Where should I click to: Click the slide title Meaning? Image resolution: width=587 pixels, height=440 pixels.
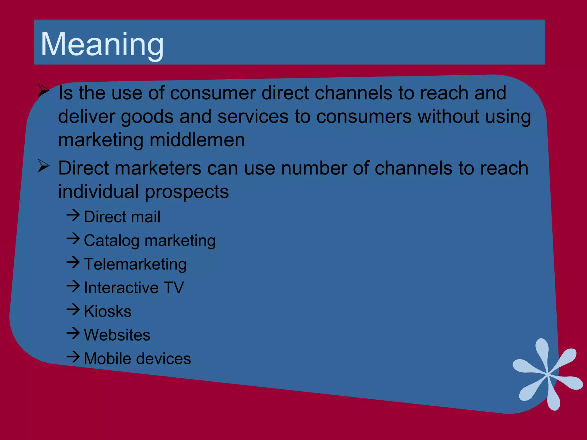[x=102, y=44]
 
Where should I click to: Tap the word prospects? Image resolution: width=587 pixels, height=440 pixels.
[x=187, y=192]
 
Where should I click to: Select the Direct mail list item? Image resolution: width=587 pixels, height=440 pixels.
[x=122, y=217]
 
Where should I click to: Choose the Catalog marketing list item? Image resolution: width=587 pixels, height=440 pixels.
[x=149, y=240]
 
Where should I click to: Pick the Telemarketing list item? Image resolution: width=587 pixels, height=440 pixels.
[x=135, y=264]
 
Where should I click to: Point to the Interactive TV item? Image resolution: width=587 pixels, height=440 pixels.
[x=134, y=288]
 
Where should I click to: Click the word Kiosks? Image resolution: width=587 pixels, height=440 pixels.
[x=107, y=311]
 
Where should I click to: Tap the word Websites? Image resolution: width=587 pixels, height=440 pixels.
[x=117, y=335]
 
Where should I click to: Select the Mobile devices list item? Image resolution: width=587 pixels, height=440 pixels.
[x=137, y=358]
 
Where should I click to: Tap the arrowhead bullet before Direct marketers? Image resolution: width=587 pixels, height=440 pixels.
[x=44, y=166]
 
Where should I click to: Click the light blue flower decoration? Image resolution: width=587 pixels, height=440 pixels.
[x=547, y=374]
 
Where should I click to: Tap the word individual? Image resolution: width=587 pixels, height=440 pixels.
[x=99, y=192]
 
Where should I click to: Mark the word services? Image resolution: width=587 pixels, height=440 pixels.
[x=253, y=117]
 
